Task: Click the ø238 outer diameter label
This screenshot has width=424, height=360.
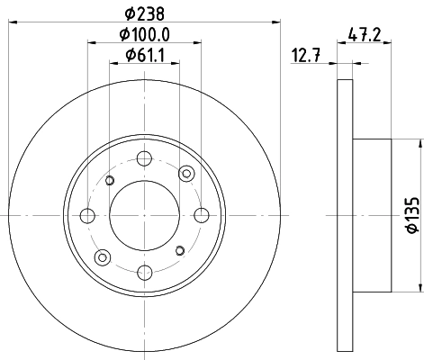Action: coord(145,13)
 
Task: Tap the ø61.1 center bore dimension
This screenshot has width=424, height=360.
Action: coord(145,60)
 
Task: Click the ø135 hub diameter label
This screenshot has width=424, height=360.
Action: coord(410,216)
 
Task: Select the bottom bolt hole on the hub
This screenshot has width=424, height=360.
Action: coord(143,271)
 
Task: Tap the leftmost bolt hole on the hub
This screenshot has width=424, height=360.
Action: coord(87,215)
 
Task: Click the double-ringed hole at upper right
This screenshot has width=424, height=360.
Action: coord(186,173)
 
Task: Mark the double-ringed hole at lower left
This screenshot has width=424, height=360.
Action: coord(101,256)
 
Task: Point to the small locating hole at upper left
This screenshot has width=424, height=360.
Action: coord(110,181)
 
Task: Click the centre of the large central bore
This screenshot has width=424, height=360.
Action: coord(143,215)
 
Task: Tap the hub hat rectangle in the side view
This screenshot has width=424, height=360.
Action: coord(372,215)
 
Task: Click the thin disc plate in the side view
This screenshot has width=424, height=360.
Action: coord(345,215)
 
